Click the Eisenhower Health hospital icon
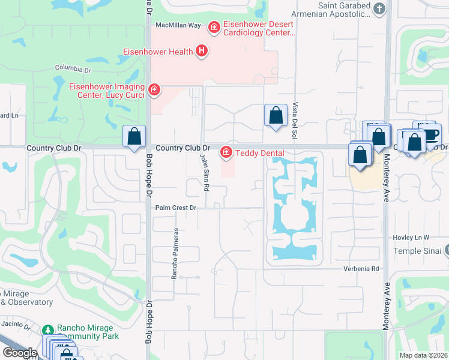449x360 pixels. point(202,52)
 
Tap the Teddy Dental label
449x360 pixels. point(259,154)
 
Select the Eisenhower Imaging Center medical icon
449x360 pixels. point(154,90)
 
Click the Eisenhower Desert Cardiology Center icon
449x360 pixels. point(213,26)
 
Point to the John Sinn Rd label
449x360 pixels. point(205,171)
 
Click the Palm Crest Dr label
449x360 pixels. point(176,208)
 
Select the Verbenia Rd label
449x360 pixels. point(363,269)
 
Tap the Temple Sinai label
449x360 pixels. point(417,251)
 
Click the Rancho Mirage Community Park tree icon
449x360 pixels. point(48,329)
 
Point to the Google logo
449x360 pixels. point(20,352)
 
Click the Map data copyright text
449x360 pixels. point(423,355)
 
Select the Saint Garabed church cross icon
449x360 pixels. point(379,8)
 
